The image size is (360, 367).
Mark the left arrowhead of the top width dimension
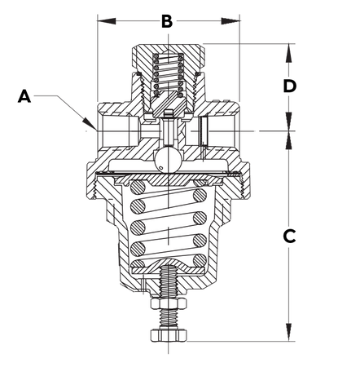coord(99,15)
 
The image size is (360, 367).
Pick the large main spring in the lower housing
coord(168,228)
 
